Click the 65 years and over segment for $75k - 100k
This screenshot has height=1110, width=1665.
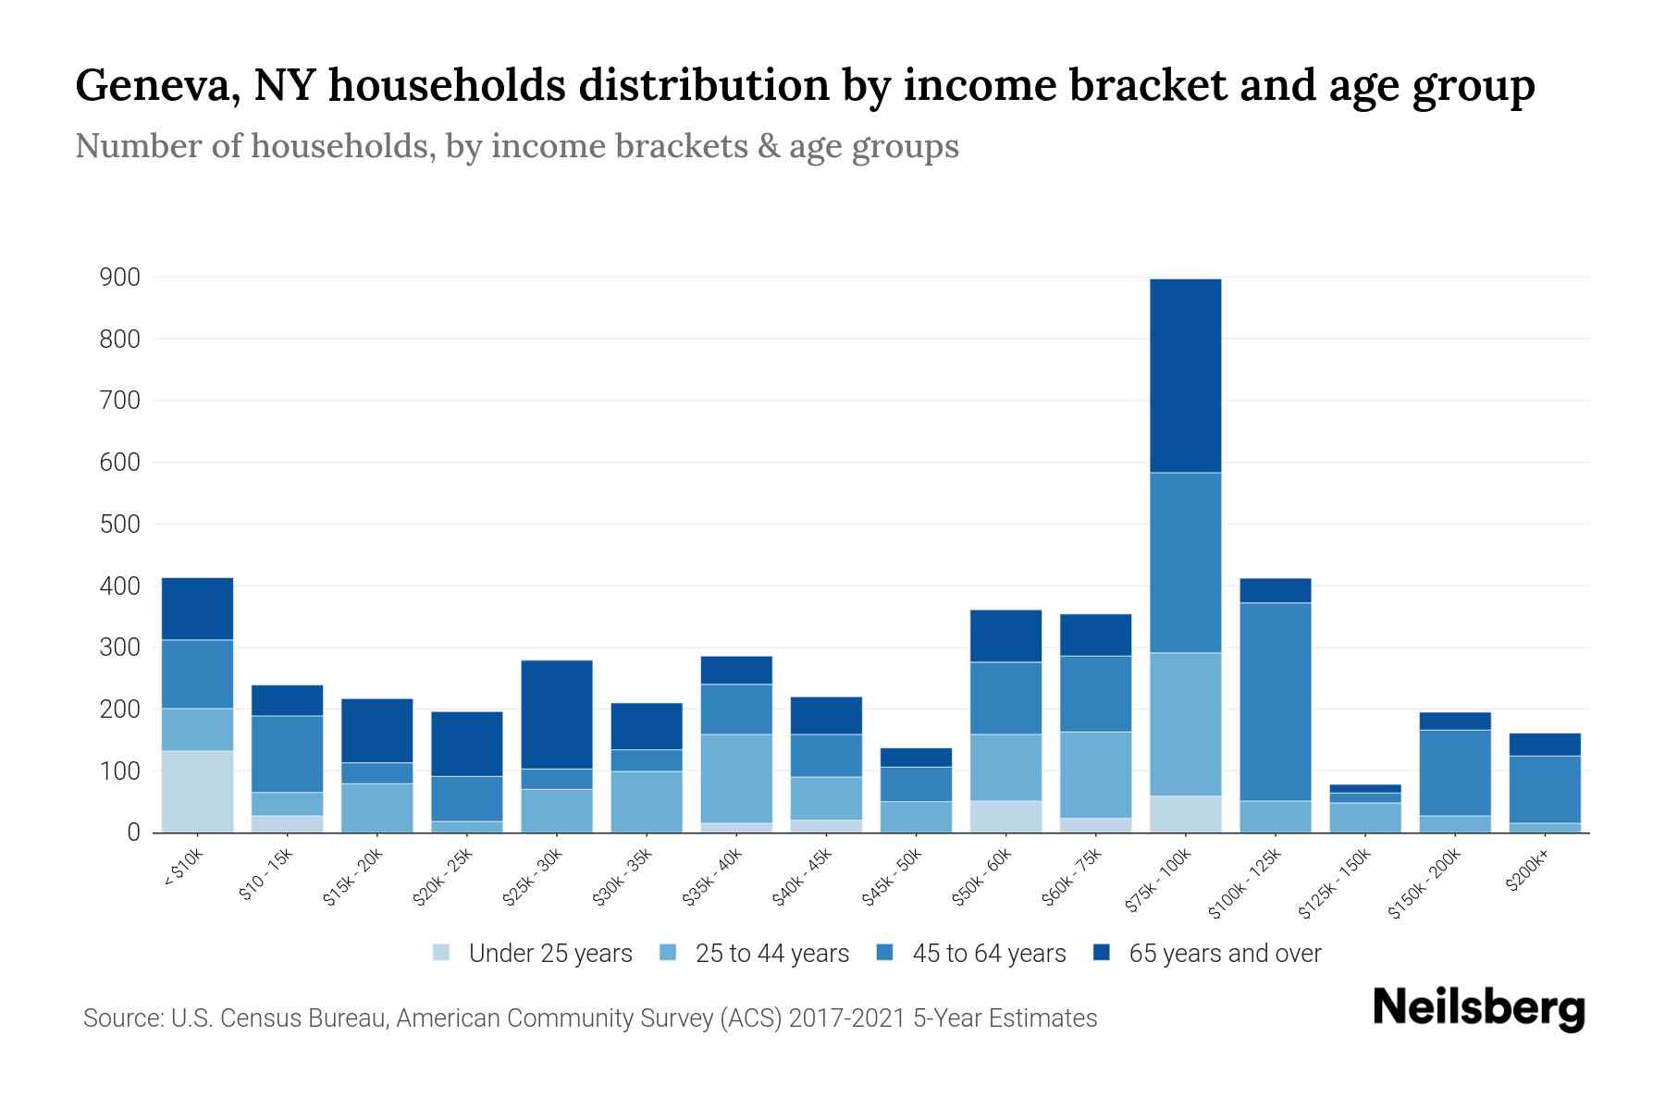pyautogui.click(x=1185, y=376)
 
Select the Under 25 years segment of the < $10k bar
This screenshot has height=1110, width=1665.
pyautogui.click(x=197, y=792)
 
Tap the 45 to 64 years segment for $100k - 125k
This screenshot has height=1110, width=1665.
pyautogui.click(x=1275, y=701)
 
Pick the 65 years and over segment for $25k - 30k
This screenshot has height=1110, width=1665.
pyautogui.click(x=557, y=714)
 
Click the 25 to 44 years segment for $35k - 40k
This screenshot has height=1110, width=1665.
pyautogui.click(x=736, y=778)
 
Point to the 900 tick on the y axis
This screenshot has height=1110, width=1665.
pyautogui.click(x=120, y=277)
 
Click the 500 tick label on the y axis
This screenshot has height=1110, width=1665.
pyautogui.click(x=120, y=524)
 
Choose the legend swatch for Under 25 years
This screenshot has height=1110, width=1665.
pyautogui.click(x=442, y=953)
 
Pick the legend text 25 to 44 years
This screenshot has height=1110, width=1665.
pyautogui.click(x=771, y=953)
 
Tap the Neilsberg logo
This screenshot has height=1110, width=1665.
pyautogui.click(x=1479, y=1007)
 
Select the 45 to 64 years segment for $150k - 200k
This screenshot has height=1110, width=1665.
pyautogui.click(x=1454, y=772)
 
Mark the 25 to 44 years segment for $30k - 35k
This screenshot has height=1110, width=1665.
pyautogui.click(x=647, y=801)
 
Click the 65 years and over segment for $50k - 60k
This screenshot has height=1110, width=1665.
pyautogui.click(x=1005, y=635)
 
